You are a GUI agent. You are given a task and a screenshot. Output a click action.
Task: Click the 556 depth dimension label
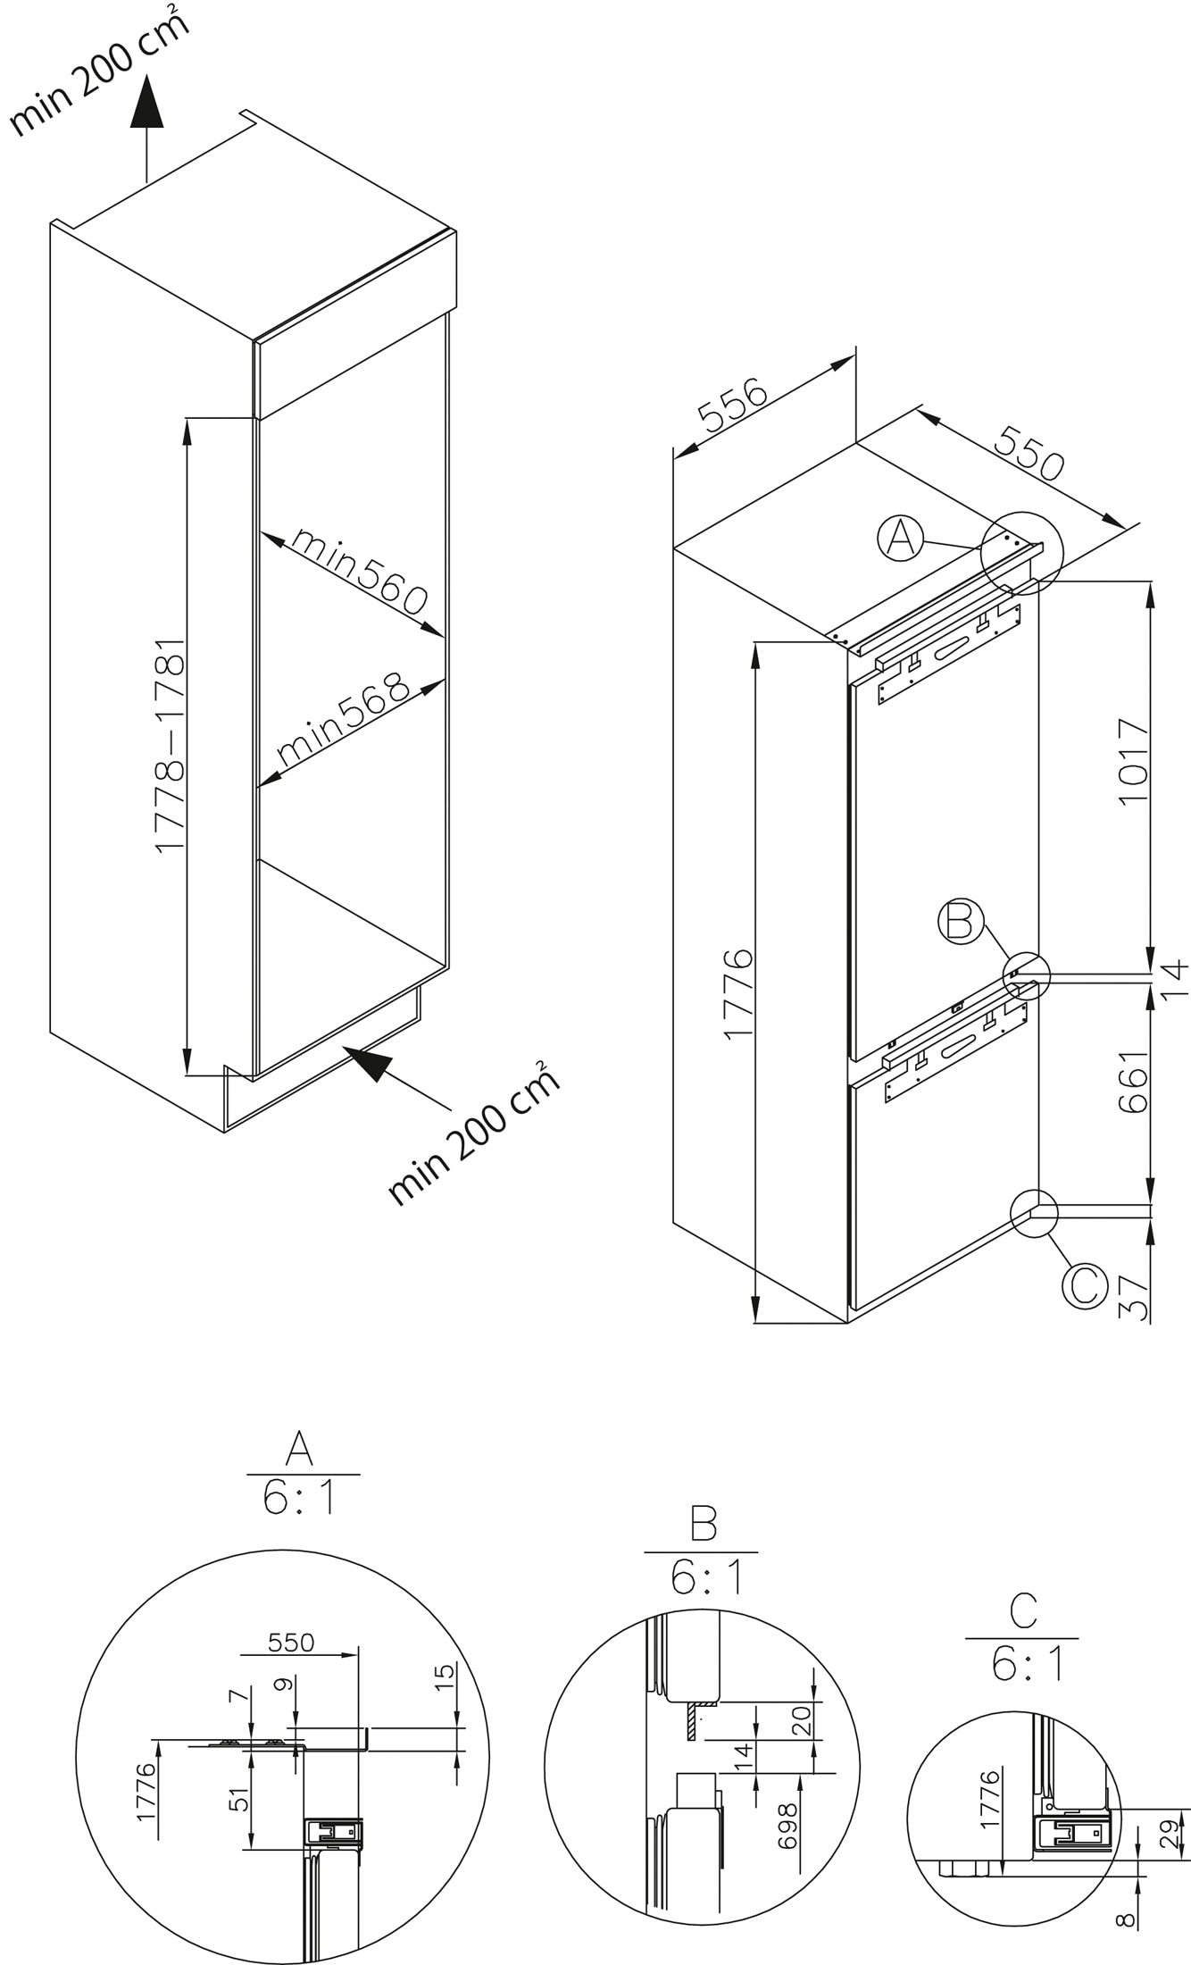731,406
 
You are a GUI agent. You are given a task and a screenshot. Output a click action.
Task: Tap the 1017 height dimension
1134,761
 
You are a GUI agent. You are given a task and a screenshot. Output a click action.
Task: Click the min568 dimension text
343,720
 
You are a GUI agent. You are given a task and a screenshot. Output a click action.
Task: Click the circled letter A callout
900,539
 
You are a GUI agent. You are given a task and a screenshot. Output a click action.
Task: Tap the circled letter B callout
960,922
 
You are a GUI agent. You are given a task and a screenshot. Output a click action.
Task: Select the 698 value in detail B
788,1825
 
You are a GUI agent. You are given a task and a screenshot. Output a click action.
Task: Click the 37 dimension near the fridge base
1134,1298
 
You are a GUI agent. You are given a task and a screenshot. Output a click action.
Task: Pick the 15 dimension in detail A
446,1673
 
